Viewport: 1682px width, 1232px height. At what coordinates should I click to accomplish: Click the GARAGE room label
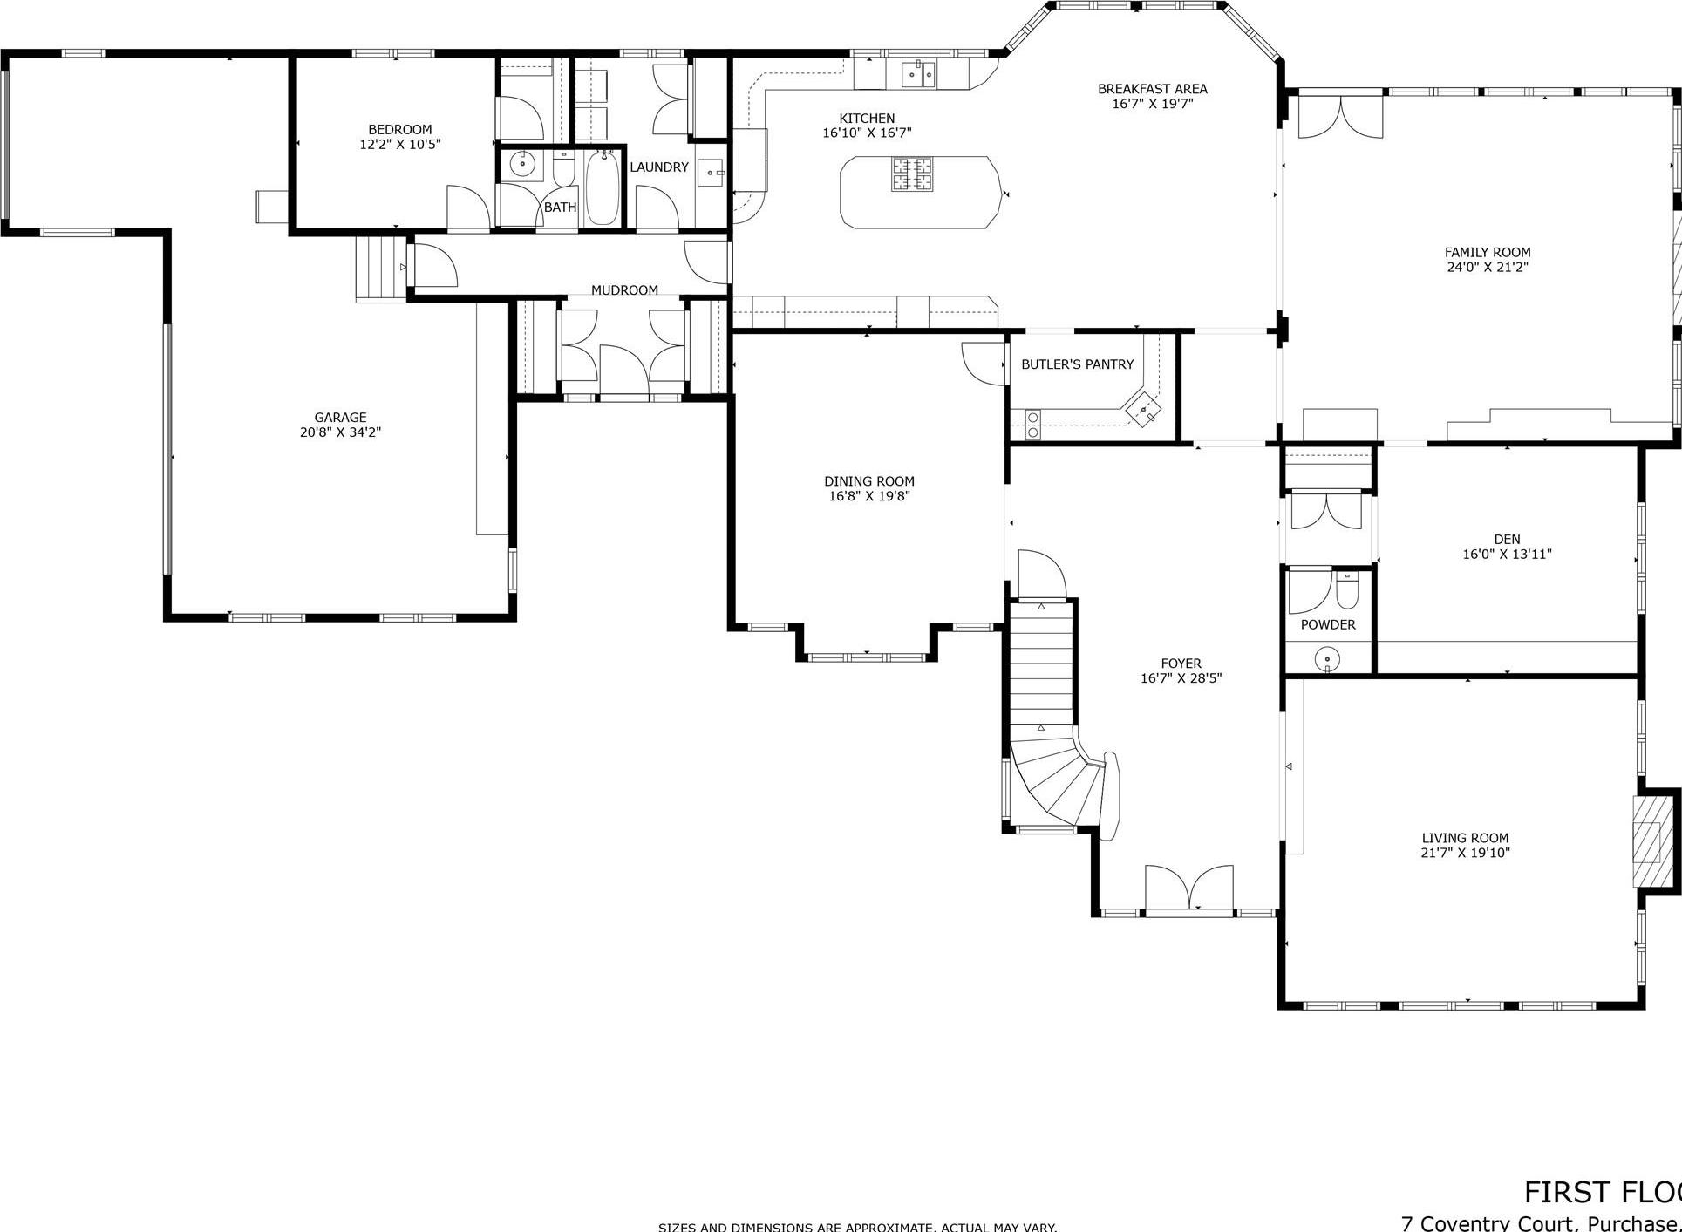point(340,418)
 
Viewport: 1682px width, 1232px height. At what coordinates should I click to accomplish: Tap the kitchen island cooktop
point(911,174)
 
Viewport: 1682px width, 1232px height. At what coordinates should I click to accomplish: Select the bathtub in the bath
point(603,188)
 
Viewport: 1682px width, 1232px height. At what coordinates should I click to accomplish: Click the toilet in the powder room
point(1347,590)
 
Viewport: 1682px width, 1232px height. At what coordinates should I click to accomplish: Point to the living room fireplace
point(1647,841)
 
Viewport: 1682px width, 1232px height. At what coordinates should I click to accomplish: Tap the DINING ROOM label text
point(869,481)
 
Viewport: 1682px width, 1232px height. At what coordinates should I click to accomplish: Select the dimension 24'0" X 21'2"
point(1488,268)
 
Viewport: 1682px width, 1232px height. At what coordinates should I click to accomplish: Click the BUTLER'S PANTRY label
point(1077,364)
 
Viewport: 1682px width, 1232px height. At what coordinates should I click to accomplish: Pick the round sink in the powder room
point(1327,657)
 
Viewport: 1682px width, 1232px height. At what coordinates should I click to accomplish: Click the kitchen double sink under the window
point(917,74)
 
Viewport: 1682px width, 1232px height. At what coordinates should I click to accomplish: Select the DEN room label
point(1507,540)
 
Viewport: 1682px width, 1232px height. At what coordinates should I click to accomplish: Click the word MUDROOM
point(624,290)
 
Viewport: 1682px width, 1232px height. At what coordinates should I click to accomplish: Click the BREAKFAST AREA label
point(1152,89)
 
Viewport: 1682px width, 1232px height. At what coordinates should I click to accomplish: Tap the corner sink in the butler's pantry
point(1143,409)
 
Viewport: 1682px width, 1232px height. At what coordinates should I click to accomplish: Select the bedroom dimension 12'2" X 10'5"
point(400,145)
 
